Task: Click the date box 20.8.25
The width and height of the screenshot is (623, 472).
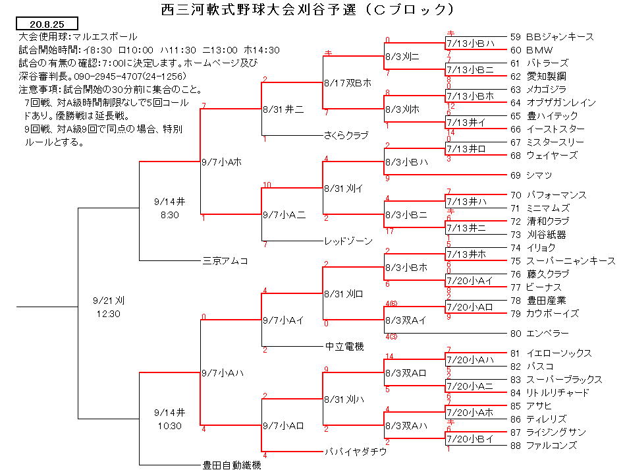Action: click(x=47, y=24)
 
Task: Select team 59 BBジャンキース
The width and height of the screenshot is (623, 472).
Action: click(x=552, y=37)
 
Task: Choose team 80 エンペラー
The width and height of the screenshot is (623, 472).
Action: click(x=539, y=333)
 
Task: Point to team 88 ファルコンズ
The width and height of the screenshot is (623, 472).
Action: click(x=543, y=446)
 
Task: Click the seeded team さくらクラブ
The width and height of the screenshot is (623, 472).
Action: click(x=346, y=136)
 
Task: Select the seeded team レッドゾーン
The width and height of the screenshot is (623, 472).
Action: click(x=348, y=241)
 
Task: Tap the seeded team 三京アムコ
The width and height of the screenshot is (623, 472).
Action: click(x=225, y=261)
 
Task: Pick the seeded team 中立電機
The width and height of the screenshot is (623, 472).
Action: click(x=344, y=346)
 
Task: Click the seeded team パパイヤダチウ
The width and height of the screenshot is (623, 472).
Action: click(x=356, y=452)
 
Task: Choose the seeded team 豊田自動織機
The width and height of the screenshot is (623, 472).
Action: click(x=232, y=465)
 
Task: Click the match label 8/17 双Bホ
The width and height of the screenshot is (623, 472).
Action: click(x=348, y=83)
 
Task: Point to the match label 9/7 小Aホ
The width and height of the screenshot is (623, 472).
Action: click(x=222, y=162)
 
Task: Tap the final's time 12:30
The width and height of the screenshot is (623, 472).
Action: click(x=108, y=314)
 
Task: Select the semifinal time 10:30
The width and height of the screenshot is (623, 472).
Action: click(x=170, y=426)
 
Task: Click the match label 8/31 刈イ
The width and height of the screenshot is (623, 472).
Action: click(x=343, y=189)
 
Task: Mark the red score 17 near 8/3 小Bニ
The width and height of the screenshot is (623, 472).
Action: click(x=389, y=231)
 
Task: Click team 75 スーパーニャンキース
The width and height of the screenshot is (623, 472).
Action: click(x=562, y=261)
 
